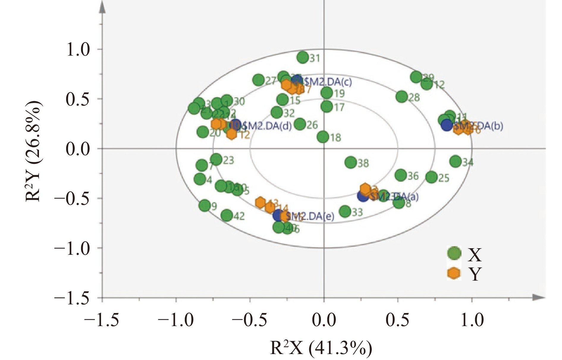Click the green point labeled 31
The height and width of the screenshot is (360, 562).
coord(303,57)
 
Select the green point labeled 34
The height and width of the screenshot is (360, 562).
coord(456,161)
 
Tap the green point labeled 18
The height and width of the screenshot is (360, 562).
coord(323,137)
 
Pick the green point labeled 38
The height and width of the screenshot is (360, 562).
coord(351,162)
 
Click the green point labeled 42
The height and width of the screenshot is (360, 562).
coord(227,216)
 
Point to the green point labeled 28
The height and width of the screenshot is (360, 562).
coord(402,97)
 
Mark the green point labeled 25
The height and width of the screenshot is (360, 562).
coord(431,177)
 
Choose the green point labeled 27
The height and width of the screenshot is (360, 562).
coord(259,80)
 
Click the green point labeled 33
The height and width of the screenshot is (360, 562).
coord(345,211)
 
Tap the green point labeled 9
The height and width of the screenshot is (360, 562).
coord(205,205)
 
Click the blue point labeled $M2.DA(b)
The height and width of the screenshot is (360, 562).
coord(447,125)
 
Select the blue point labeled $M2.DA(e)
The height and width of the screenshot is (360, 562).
coord(278,216)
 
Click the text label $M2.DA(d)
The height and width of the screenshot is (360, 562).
coord(266,126)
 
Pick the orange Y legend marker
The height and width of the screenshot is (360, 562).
coord(454,273)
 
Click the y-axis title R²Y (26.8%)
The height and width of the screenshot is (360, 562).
coord(33,152)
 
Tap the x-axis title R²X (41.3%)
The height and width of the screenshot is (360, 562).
coord(321,348)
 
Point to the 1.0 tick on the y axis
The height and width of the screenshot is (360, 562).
coord(78,50)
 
